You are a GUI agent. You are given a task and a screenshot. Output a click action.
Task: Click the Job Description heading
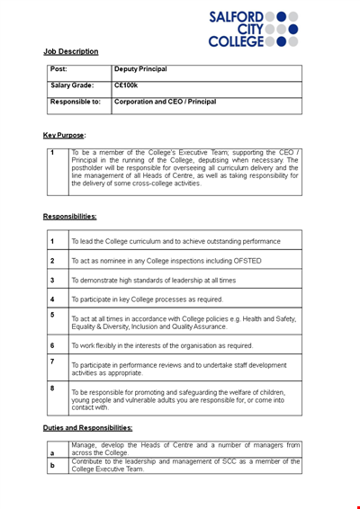[71, 51]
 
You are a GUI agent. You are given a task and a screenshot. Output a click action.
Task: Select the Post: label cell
[59, 69]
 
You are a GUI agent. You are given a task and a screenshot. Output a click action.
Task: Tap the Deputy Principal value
[140, 69]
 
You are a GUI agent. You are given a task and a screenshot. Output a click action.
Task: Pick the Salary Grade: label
[72, 85]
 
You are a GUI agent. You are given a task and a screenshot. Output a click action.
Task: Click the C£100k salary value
[126, 85]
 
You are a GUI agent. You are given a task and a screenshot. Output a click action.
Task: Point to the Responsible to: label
[76, 102]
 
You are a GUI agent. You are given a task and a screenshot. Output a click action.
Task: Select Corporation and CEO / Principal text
[165, 102]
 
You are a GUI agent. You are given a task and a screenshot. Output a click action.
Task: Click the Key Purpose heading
[64, 135]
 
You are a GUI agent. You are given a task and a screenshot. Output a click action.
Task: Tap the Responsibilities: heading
[70, 216]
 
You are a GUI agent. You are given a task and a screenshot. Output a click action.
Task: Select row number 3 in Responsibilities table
[52, 280]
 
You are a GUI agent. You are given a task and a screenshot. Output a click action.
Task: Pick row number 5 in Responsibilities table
[52, 315]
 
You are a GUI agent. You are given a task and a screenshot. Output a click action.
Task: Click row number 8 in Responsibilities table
[52, 388]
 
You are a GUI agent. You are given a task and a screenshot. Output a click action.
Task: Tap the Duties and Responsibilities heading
[88, 428]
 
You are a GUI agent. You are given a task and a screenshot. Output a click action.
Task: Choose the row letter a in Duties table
[52, 453]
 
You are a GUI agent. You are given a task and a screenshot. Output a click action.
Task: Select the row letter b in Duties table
[52, 466]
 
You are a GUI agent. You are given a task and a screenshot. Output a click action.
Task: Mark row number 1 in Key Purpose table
[52, 153]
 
